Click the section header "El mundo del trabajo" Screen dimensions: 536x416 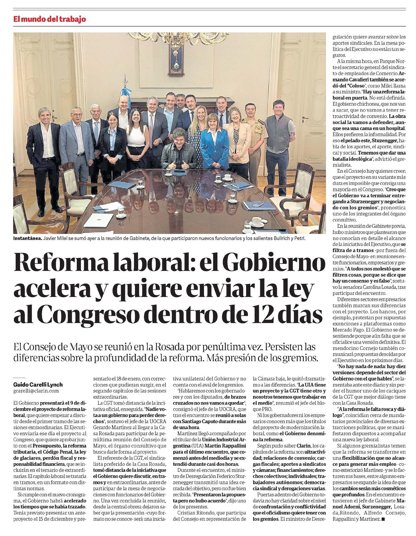point(50,19)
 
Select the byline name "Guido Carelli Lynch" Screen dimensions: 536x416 point(38,385)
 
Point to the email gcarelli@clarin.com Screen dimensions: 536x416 point(36,391)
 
